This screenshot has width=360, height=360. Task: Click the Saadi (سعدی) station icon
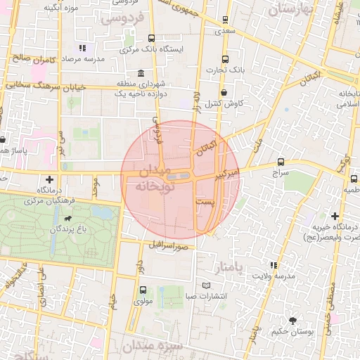click(225, 20)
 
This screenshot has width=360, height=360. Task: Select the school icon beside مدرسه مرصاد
click(82, 49)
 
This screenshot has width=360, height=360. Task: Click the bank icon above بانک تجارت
click(225, 59)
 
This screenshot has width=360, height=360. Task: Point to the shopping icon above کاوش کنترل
click(224, 92)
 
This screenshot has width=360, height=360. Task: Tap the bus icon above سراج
click(281, 161)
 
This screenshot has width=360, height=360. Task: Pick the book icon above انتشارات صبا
click(206, 285)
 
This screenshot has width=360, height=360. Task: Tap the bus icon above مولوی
click(143, 290)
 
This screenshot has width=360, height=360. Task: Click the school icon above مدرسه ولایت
click(274, 265)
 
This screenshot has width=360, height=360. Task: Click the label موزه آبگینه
click(60, 8)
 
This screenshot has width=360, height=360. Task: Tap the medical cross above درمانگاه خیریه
click(335, 216)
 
